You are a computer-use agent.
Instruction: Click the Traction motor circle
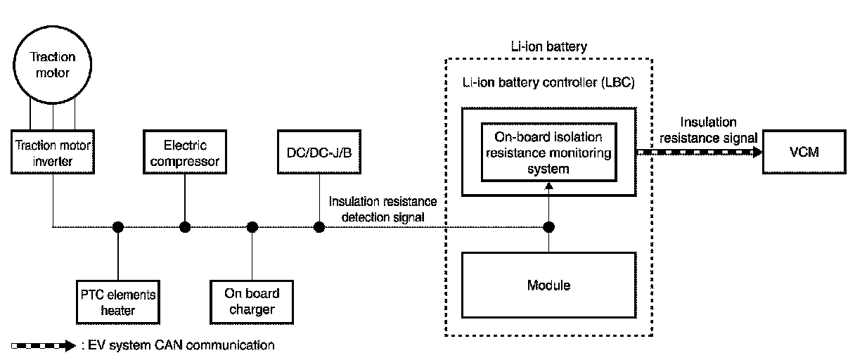tap(53, 65)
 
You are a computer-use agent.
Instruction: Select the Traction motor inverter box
tap(53, 151)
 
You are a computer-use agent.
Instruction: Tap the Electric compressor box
tap(185, 153)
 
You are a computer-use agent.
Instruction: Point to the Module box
tap(548, 285)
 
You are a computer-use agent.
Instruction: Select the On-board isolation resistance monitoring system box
tap(548, 150)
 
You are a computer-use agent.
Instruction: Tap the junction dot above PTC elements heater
tap(118, 226)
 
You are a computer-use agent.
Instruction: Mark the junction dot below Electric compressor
tap(185, 226)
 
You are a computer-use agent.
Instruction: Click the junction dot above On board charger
tap(252, 226)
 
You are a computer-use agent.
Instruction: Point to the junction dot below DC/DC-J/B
tap(319, 226)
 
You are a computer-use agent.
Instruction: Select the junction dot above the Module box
tap(549, 226)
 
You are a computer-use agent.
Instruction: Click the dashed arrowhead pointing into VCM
tap(758, 151)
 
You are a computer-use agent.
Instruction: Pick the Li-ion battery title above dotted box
tap(549, 46)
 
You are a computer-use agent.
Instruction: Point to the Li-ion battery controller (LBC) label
tap(548, 82)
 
